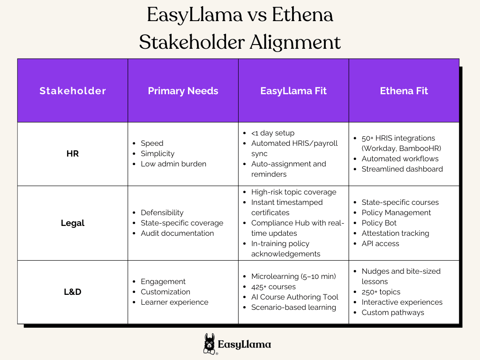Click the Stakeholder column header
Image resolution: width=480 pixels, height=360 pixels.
point(73,91)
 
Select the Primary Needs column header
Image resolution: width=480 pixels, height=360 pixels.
point(183,91)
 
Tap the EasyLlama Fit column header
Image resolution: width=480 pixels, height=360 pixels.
point(293,91)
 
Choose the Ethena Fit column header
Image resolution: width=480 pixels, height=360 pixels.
point(404,91)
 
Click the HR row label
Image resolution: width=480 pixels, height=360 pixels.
point(73,154)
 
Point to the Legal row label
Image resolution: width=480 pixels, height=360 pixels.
point(73,223)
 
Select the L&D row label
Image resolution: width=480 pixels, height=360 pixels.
point(73,292)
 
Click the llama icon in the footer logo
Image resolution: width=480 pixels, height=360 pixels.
point(210,344)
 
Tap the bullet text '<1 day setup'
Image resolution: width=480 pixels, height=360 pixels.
point(273,133)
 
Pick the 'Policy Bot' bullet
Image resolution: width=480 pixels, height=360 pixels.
point(379,223)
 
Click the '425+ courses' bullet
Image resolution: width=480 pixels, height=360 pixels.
point(273,287)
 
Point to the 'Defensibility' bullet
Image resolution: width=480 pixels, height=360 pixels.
point(162,213)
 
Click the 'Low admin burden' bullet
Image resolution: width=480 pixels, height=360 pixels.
point(173,164)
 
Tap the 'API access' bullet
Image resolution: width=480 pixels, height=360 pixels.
point(380,244)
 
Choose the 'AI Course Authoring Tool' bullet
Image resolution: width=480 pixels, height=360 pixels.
point(294,297)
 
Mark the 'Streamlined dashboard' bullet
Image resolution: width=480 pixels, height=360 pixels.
point(402,169)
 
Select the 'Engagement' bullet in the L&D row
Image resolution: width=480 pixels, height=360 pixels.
point(163,282)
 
